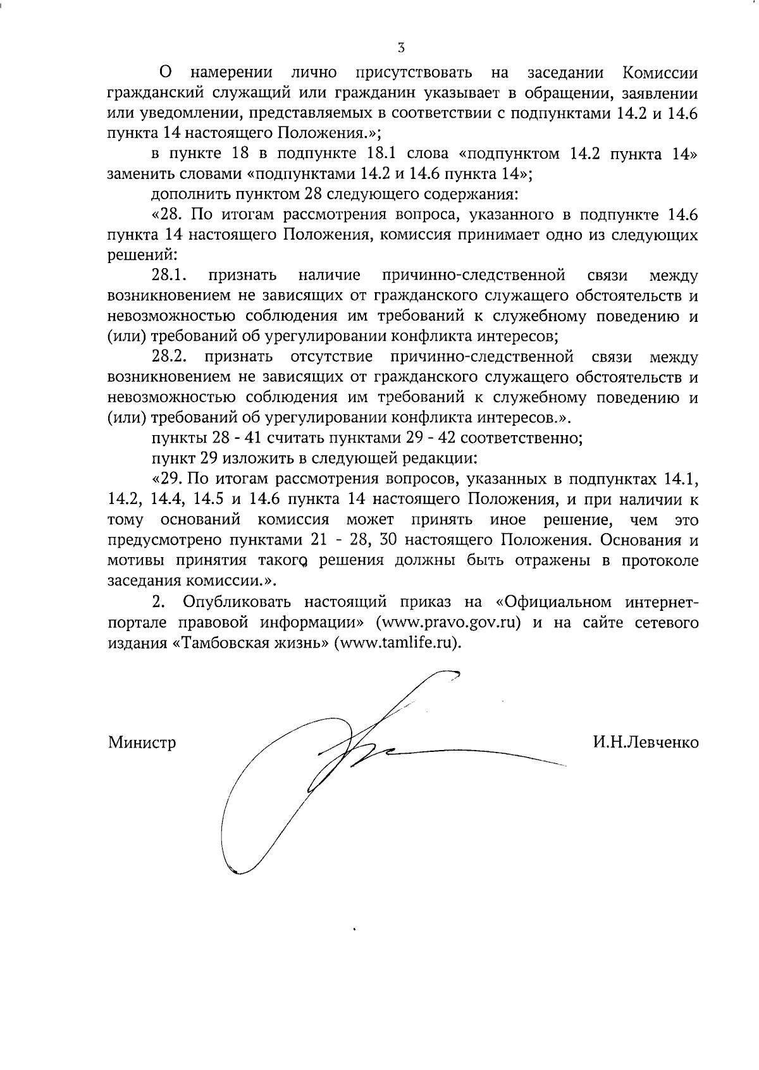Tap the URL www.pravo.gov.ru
point(448,622)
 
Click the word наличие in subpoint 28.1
point(329,275)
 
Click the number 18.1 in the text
point(385,153)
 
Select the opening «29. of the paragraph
point(167,479)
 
